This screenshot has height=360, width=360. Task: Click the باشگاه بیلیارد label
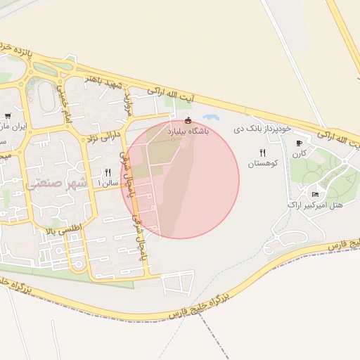188,131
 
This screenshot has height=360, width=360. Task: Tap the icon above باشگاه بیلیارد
188,119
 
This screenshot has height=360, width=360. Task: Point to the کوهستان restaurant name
263,163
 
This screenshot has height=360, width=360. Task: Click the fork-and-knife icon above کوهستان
263,152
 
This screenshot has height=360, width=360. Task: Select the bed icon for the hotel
315,194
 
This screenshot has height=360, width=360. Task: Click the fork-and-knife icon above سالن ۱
108,172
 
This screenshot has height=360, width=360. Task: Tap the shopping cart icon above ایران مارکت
8,116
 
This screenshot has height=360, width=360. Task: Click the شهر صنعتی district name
55,184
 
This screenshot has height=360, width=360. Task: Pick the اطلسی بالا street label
63,229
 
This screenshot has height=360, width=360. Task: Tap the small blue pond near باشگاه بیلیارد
210,118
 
